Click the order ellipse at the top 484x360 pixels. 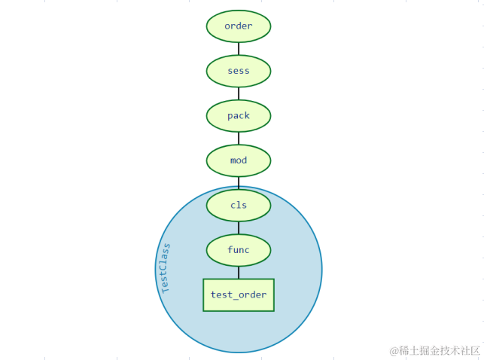(239, 26)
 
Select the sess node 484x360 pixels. (239, 71)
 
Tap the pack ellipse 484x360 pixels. (239, 115)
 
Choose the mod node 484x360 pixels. (239, 160)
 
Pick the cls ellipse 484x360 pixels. (239, 205)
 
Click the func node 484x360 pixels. (239, 250)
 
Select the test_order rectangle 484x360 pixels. (239, 294)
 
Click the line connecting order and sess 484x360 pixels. (239, 48)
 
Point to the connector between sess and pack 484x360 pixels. (239, 93)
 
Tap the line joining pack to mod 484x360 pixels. (239, 138)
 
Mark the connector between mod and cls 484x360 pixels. (239, 182)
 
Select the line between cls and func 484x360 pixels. (239, 227)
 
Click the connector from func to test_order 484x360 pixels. (239, 273)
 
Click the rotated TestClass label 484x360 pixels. (166, 268)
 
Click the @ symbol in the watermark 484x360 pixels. (394, 351)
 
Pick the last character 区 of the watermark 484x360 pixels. (476, 351)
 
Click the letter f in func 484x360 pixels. (230, 250)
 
